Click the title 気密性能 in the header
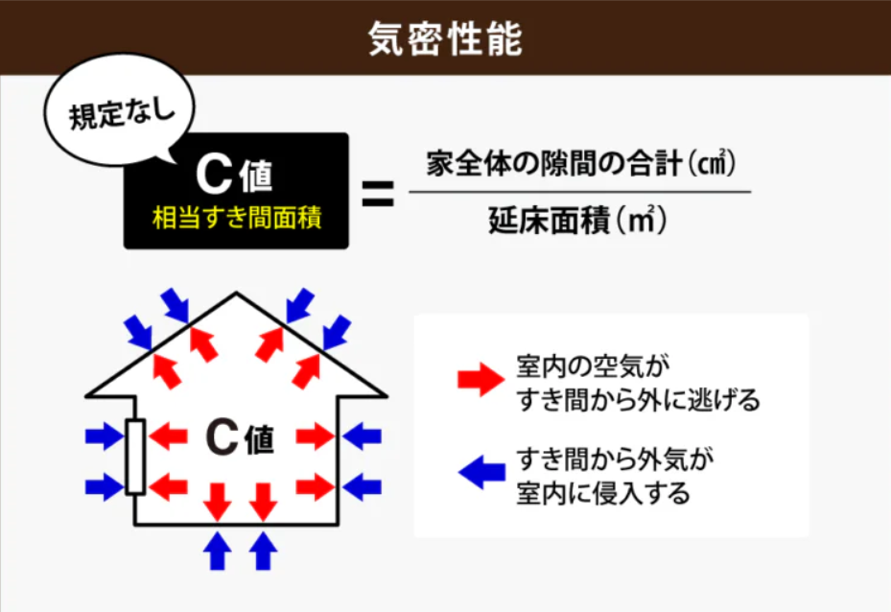pos(445,38)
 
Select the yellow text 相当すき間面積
pos(236,218)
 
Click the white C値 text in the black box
pos(234,175)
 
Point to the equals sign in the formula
pos(378,193)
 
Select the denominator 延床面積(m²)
pos(577,220)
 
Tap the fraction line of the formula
pos(579,192)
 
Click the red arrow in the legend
pos(481,379)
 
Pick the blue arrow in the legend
pos(481,472)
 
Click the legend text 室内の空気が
pos(593,366)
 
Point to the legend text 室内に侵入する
pos(603,493)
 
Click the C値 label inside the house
pos(240,438)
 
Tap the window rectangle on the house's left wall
pos(135,457)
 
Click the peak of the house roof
pos(236,293)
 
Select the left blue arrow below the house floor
pos(217,550)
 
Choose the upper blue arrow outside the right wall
pos(362,436)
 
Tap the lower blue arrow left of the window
pos(105,487)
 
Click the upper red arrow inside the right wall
pos(316,436)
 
